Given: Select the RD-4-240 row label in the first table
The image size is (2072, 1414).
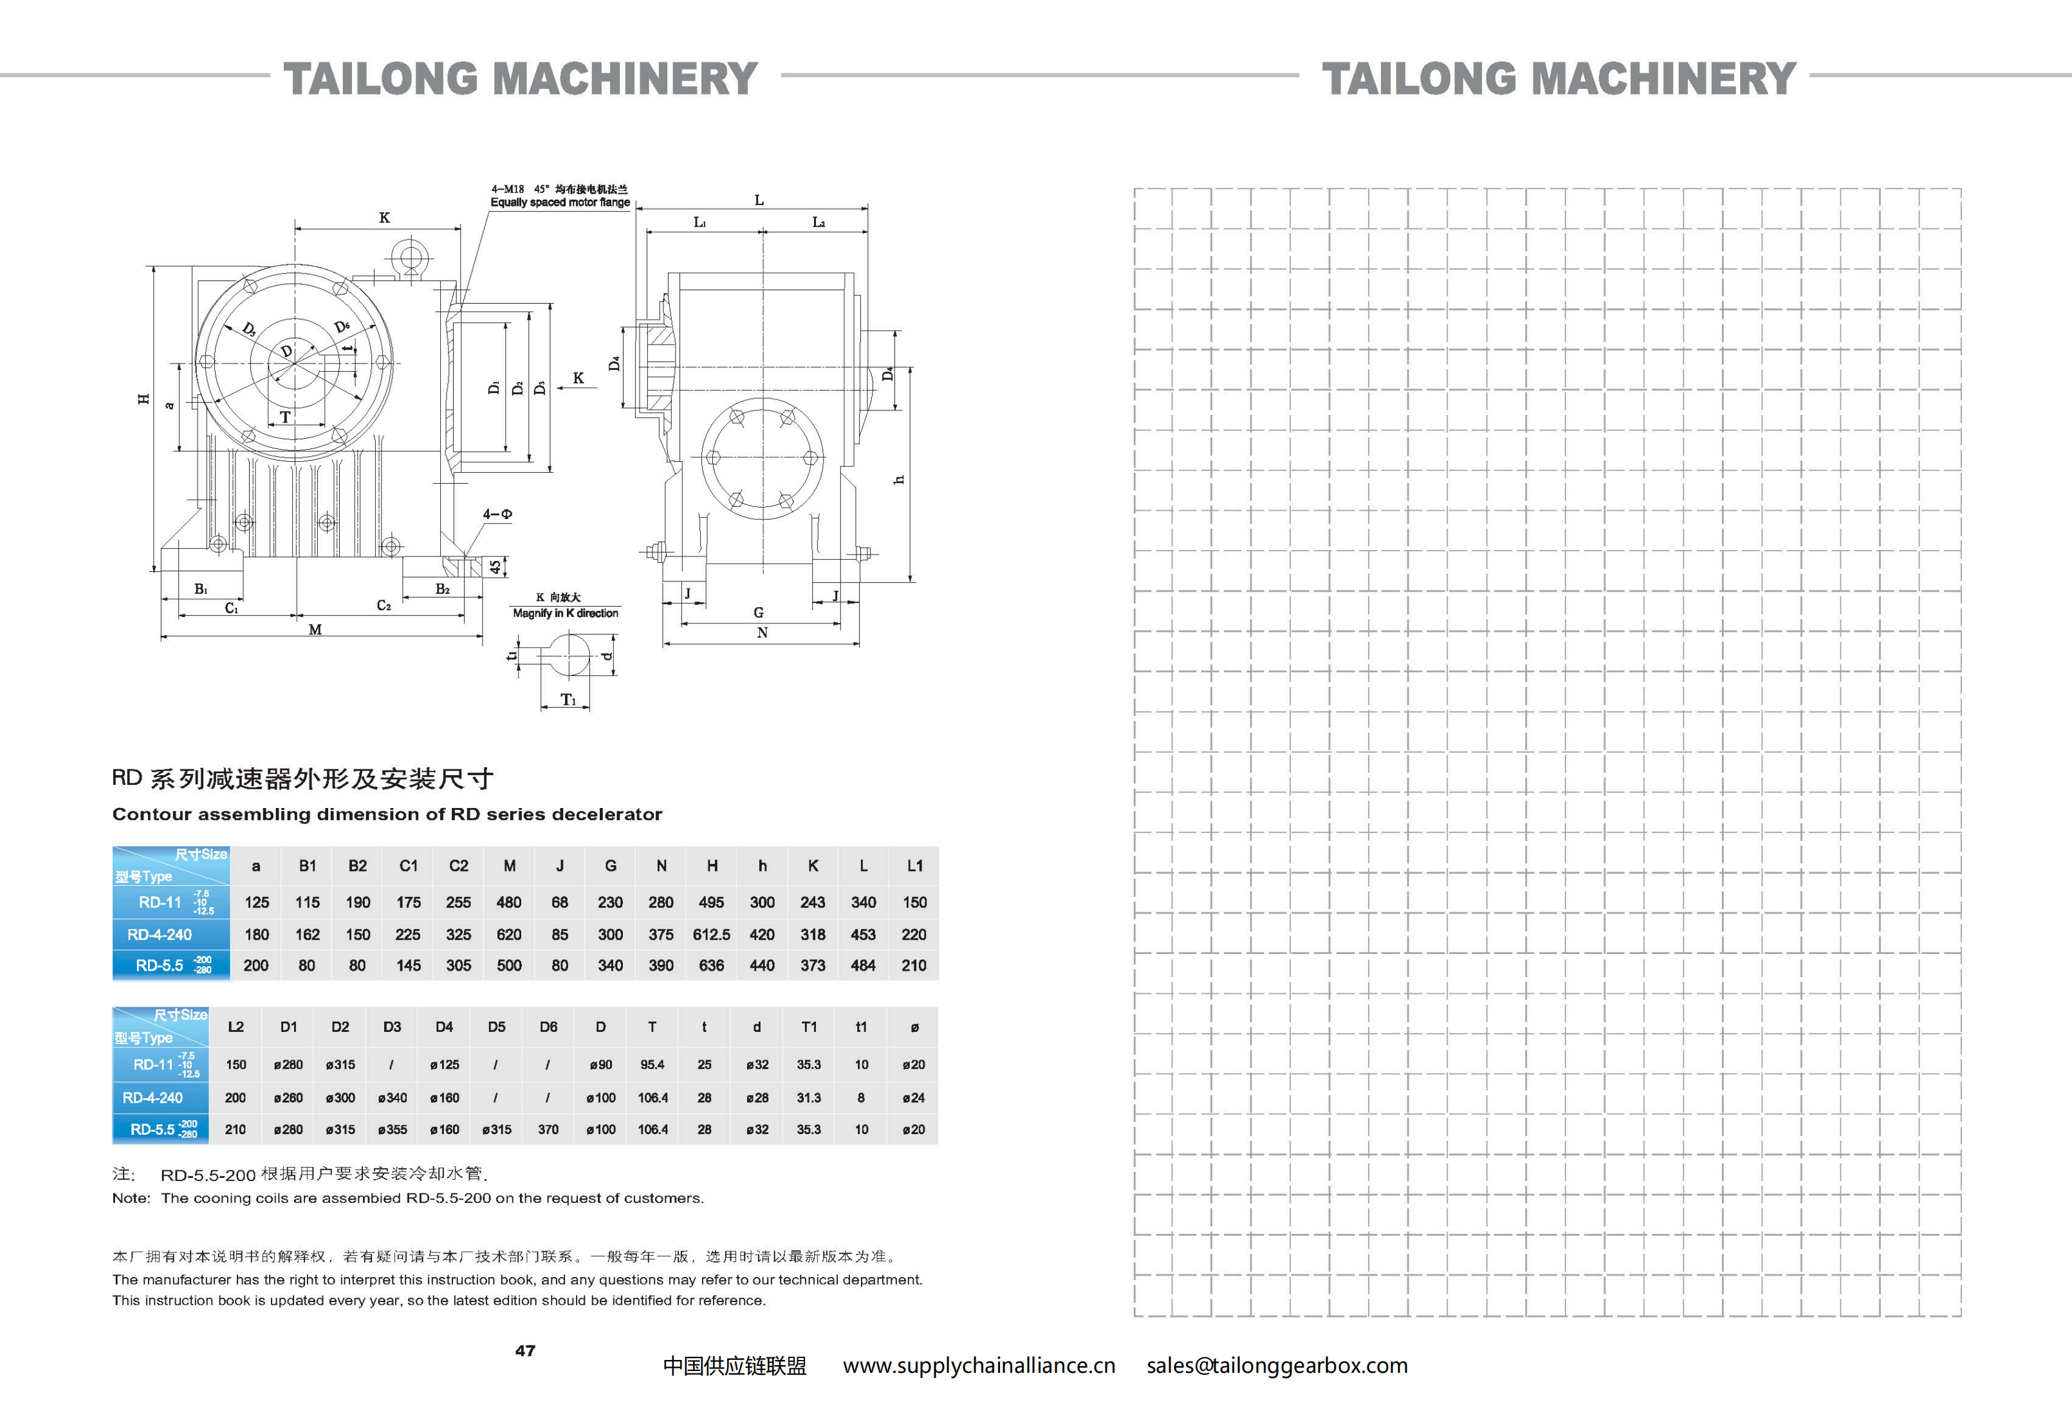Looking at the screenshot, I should [160, 934].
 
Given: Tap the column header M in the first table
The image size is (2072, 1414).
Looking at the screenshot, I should [509, 866].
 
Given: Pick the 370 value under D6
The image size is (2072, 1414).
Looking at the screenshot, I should [548, 1130].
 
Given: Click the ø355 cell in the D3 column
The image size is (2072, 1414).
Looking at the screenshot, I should [393, 1130].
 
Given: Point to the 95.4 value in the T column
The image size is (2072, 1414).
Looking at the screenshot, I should [652, 1065].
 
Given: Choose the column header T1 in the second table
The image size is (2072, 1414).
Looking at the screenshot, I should [809, 1027].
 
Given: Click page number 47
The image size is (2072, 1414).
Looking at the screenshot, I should [525, 1351].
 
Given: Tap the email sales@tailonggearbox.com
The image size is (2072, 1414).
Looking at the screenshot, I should [1277, 1366].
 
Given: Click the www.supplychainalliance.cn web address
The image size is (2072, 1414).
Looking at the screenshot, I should [979, 1366].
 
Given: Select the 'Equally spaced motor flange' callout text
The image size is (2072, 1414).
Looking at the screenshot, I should [560, 203].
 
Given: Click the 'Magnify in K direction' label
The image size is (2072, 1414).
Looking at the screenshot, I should [565, 613].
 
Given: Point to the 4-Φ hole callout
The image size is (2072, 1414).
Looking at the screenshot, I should [497, 515].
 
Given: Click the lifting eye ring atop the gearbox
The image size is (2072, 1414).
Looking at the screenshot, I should [411, 259].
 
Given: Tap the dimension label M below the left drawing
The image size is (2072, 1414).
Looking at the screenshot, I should [315, 629].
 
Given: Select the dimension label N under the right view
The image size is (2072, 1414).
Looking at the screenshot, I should [763, 633].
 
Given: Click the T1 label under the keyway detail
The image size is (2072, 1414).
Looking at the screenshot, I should [568, 700].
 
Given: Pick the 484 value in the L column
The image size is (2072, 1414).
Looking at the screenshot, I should [863, 966].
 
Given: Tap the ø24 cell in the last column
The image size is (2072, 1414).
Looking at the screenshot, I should [913, 1097].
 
